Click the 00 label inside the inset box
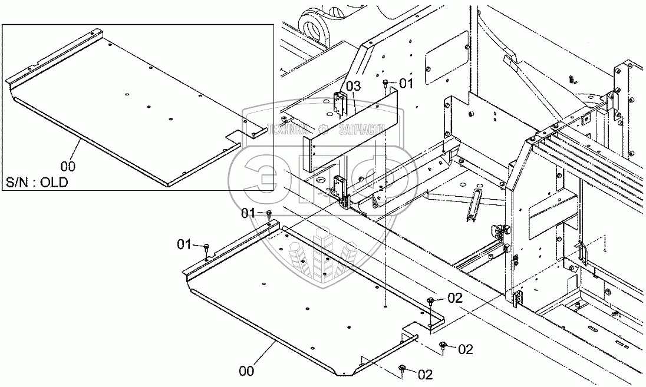tap(68, 166)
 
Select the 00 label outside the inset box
tap(246, 371)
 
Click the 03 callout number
tap(353, 86)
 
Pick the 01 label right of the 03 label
tap(406, 84)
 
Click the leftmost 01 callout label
tap(185, 244)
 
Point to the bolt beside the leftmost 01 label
tap(206, 249)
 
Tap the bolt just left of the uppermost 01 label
tap(385, 84)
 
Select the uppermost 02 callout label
tap(455, 297)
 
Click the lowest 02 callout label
tap(425, 374)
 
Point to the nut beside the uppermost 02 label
tap(431, 300)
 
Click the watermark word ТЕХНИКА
tap(287, 130)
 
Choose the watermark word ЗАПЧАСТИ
tap(361, 130)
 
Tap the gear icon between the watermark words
tap(323, 130)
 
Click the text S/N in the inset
tap(16, 182)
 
